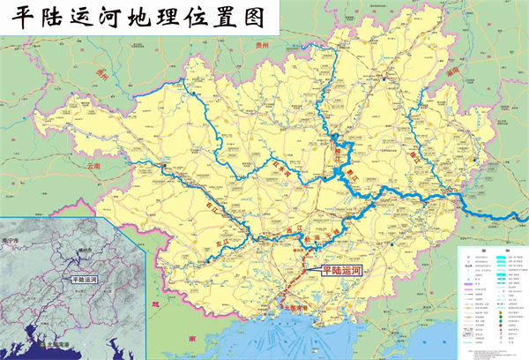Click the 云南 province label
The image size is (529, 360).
pyautogui.click(x=94, y=165)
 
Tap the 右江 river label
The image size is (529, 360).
pyautogui.click(x=211, y=204)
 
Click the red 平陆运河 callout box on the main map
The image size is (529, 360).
pyautogui.click(x=342, y=272)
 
